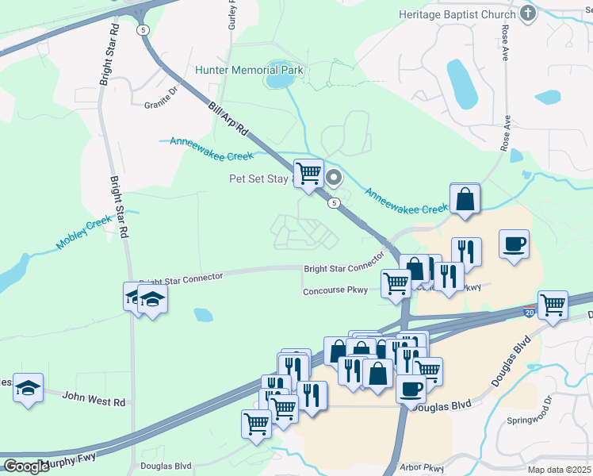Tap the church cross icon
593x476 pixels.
coord(528,13)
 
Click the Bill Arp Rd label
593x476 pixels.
coord(229,118)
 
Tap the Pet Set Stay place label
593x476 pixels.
coord(261,178)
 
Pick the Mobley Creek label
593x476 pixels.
coord(84,234)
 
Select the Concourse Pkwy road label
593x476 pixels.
coord(335,291)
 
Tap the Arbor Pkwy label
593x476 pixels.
coord(423,468)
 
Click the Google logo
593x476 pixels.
coord(26,466)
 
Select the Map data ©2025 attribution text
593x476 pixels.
coord(560,470)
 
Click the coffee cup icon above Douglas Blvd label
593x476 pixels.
coord(411,388)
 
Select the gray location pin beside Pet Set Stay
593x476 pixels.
coord(334,178)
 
